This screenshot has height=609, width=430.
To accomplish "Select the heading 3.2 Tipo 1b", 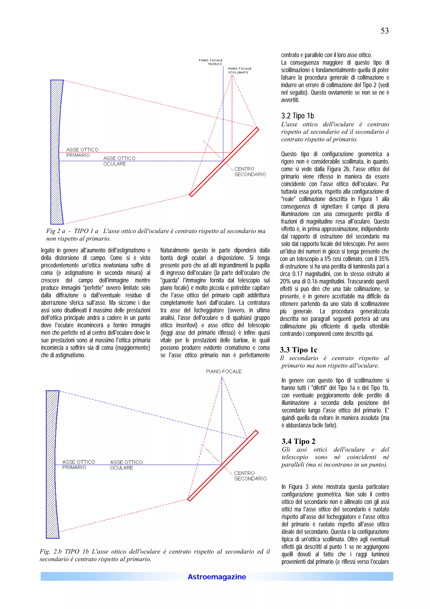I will point(297,116).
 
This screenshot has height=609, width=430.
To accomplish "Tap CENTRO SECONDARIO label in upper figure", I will point(250,172).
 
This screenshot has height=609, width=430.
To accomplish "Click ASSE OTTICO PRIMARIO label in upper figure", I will point(82,152).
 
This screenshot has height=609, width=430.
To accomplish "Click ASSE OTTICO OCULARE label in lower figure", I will point(126,465).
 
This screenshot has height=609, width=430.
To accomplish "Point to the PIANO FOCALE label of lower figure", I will point(224,371).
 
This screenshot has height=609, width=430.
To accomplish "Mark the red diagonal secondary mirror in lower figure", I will point(223,465).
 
